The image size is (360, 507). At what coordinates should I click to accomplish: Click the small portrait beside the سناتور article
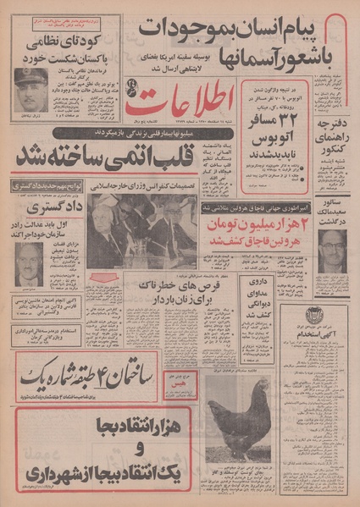coord(335,251)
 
